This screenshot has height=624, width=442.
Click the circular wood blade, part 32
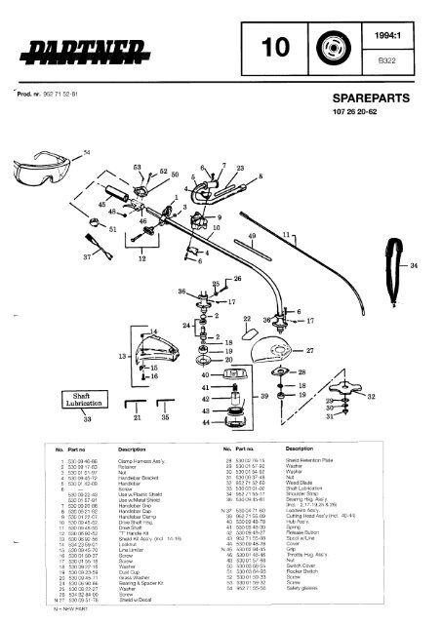coord(344,401)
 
